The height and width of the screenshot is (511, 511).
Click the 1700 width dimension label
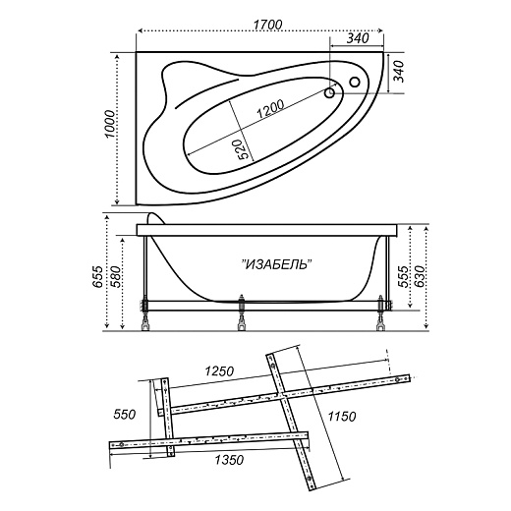click(268, 25)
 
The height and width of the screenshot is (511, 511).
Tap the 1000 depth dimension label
click(110, 125)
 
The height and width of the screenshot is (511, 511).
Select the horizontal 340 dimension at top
click(358, 38)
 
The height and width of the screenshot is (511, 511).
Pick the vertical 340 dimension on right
click(399, 72)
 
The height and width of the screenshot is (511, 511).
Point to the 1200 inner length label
click(270, 109)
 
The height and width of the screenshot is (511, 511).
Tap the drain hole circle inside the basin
click(329, 93)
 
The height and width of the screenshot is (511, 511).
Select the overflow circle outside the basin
click(355, 82)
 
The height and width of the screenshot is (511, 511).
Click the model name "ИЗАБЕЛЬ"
click(276, 264)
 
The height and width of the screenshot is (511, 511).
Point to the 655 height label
click(97, 277)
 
